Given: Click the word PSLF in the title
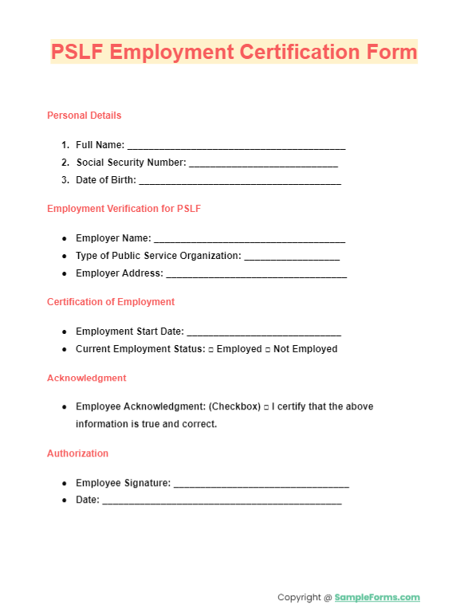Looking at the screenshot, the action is [x=77, y=53].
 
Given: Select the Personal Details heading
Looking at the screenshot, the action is [x=85, y=116].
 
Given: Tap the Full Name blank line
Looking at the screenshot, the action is [x=236, y=147].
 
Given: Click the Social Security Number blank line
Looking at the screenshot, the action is [x=263, y=164].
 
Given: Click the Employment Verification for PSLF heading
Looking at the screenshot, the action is [x=124, y=209].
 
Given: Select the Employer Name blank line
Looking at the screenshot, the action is [x=250, y=240].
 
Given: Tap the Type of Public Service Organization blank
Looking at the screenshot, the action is [x=292, y=257].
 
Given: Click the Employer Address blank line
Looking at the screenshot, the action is [x=256, y=275].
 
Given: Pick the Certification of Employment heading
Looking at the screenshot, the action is [x=111, y=302].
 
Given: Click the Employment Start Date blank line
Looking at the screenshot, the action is [x=264, y=333].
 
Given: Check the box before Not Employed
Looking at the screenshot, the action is [x=268, y=350].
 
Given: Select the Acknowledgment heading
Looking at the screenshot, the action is [x=87, y=378].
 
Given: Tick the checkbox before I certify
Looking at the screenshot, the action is [x=266, y=407].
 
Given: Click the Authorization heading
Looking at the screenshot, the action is [x=78, y=453].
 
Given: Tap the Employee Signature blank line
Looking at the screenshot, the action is [x=262, y=485].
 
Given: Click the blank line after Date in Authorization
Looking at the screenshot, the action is [x=222, y=502].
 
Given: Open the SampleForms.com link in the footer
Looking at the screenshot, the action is [x=377, y=598].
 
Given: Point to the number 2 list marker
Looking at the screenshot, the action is [x=65, y=163].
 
